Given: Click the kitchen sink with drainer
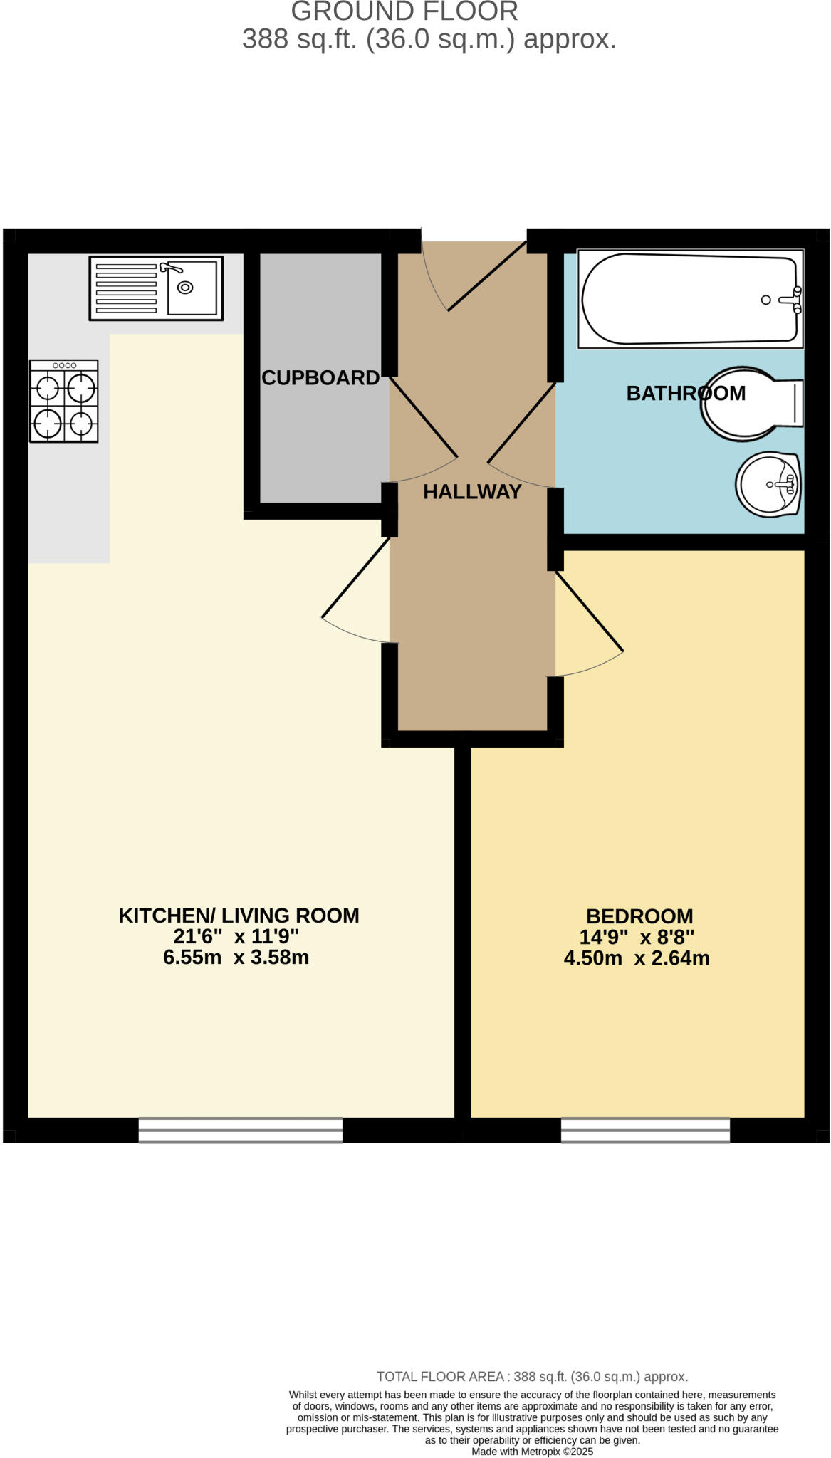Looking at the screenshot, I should pos(155,288).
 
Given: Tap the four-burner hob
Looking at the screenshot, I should pos(63,401).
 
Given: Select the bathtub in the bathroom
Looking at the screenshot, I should pos(689,299).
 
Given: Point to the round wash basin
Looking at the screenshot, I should pos(768,484).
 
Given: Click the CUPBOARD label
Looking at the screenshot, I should pos(320,378).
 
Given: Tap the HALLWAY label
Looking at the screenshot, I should pos(472,492).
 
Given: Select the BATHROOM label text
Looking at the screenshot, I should pos(685,393).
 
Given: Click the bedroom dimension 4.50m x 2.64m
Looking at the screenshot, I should pos(637,958).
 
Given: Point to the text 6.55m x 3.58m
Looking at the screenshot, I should pos(236,957).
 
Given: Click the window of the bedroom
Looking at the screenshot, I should pos(645,1130).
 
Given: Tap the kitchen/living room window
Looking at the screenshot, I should pos(240,1130).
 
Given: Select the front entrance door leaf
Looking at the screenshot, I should pos(486,276).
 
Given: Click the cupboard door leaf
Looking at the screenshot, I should pos(423,416).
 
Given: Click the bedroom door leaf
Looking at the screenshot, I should pos(590,611).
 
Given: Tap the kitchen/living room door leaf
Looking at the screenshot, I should pos(356,577).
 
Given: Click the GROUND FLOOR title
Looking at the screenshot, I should pos(404,11).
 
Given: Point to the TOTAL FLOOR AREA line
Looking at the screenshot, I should pos(532,1377).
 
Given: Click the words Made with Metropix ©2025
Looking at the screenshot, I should pos(532,1452).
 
